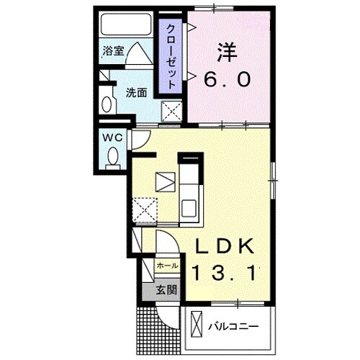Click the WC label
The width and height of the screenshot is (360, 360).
pyautogui.click(x=111, y=135)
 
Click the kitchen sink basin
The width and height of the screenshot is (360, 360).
pyautogui.click(x=189, y=209)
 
